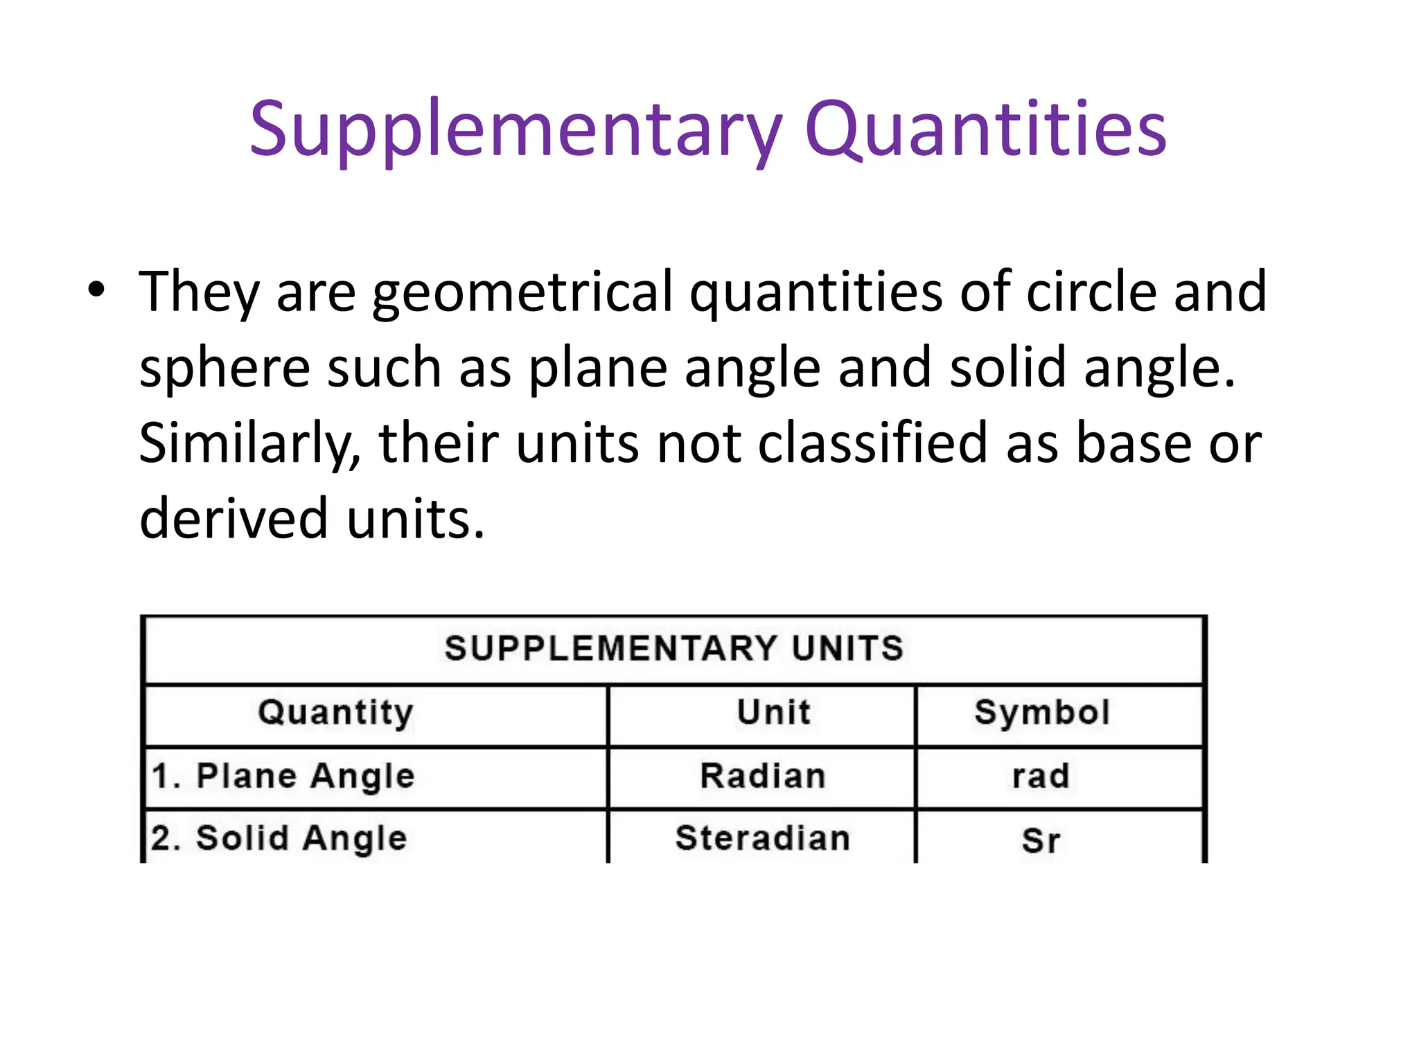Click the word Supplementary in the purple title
(516, 130)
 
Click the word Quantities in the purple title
(985, 130)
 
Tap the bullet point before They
(96, 289)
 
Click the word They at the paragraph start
(199, 292)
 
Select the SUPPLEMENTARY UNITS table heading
(674, 649)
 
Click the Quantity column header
(336, 713)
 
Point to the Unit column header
(773, 712)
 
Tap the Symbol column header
(1042, 712)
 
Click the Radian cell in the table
(763, 776)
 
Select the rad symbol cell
(1041, 777)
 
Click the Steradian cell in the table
(763, 838)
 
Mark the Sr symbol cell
(1041, 840)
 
